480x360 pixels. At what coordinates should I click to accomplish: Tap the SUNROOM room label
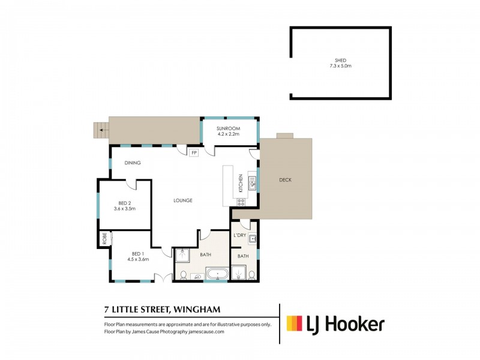228,128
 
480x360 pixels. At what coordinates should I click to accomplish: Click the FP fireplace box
194,153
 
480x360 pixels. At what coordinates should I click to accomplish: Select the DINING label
132,163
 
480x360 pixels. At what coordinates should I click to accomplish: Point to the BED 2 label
125,203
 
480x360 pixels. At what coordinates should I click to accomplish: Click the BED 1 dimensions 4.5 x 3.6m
138,259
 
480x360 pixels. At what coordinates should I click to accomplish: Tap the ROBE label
104,238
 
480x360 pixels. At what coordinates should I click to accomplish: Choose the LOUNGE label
184,200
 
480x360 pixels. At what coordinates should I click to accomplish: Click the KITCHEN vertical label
241,182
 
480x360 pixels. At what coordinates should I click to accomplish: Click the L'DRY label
241,235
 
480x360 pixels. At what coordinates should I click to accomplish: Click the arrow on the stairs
101,129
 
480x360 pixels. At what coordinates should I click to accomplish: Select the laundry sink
253,239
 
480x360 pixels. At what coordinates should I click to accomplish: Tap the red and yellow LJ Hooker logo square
294,324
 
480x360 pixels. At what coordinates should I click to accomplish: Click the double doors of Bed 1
160,278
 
